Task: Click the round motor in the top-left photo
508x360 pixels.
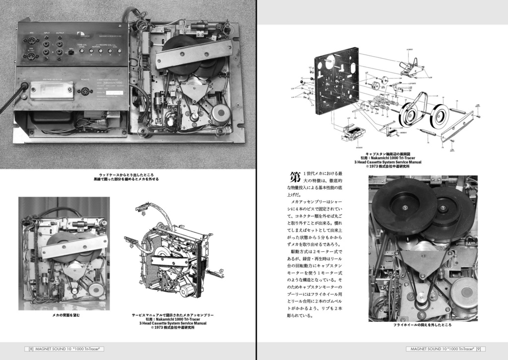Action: click(x=220, y=113)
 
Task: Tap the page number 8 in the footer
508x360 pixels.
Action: click(x=31, y=349)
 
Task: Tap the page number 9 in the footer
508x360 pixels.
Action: click(x=478, y=349)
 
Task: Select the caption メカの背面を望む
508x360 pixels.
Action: click(x=66, y=315)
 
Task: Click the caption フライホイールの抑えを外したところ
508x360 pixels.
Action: click(x=422, y=325)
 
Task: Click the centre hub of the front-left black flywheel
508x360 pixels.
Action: click(x=404, y=207)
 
